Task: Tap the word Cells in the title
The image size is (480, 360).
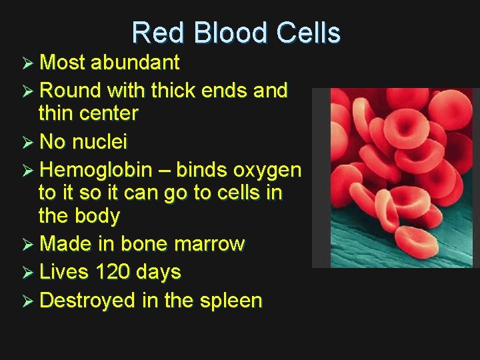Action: click(x=305, y=33)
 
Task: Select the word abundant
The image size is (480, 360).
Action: click(x=135, y=63)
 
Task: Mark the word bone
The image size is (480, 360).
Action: click(x=144, y=244)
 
